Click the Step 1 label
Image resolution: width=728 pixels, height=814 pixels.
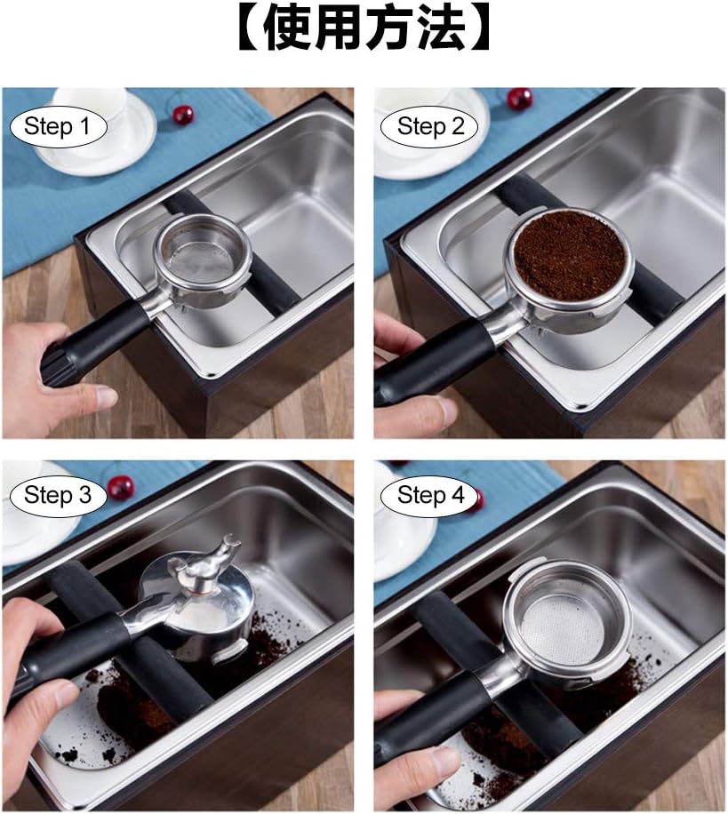(58, 126)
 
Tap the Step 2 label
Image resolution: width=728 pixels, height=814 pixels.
(431, 126)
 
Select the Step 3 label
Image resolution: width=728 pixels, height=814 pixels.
(58, 495)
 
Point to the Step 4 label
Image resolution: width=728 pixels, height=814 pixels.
(431, 495)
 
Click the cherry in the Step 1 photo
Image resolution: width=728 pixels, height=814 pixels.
(183, 115)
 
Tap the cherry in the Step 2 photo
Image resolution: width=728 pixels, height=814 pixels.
(520, 98)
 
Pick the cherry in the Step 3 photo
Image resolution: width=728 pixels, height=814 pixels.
(120, 486)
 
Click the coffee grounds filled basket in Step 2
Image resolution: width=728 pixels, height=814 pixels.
(569, 255)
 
